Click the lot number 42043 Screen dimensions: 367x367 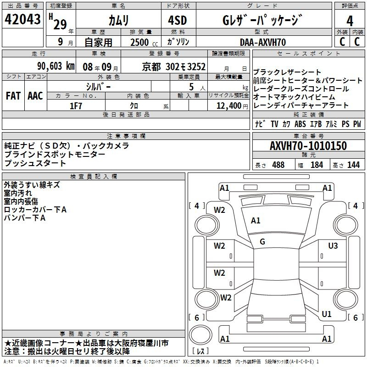click(x=22, y=19)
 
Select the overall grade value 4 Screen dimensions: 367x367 click(x=350, y=21)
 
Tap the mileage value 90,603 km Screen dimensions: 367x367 click(x=56, y=66)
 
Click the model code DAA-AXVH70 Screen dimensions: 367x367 click(x=263, y=42)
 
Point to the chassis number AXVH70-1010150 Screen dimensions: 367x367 click(x=308, y=145)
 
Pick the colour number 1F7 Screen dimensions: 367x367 click(x=76, y=106)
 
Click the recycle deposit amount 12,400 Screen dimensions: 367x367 click(x=228, y=106)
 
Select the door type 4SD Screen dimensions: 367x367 click(x=178, y=20)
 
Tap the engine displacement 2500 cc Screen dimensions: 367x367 click(x=144, y=42)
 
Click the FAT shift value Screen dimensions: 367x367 click(x=13, y=96)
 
